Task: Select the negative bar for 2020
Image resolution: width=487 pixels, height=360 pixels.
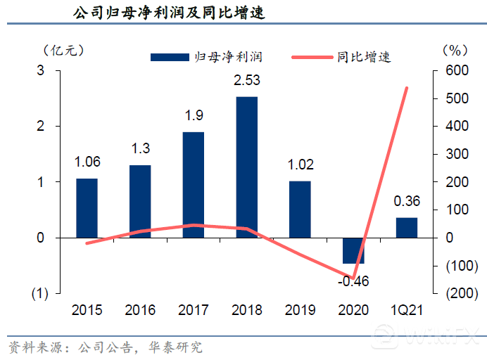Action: [x=354, y=251]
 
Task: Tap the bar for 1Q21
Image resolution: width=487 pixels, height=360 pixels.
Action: [x=406, y=228]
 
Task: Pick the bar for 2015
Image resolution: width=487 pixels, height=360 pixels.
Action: [x=87, y=208]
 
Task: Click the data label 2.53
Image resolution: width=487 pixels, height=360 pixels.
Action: [x=247, y=81]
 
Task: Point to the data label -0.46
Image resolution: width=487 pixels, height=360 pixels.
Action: [x=353, y=282]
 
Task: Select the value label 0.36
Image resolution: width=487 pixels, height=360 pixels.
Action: [x=407, y=202]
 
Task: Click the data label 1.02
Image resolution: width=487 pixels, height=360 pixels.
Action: [x=300, y=165]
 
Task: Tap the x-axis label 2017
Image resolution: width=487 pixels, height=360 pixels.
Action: [x=194, y=310]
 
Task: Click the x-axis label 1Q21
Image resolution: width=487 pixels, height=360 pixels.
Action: [x=407, y=310]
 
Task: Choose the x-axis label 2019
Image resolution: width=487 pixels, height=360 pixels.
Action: [x=300, y=310]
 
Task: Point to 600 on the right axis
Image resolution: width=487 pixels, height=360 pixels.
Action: [x=456, y=71]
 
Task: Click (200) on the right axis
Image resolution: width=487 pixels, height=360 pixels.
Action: [x=455, y=293]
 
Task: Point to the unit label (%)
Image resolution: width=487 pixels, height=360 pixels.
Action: [x=455, y=50]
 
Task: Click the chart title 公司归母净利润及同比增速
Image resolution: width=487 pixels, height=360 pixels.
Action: [x=169, y=13]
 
